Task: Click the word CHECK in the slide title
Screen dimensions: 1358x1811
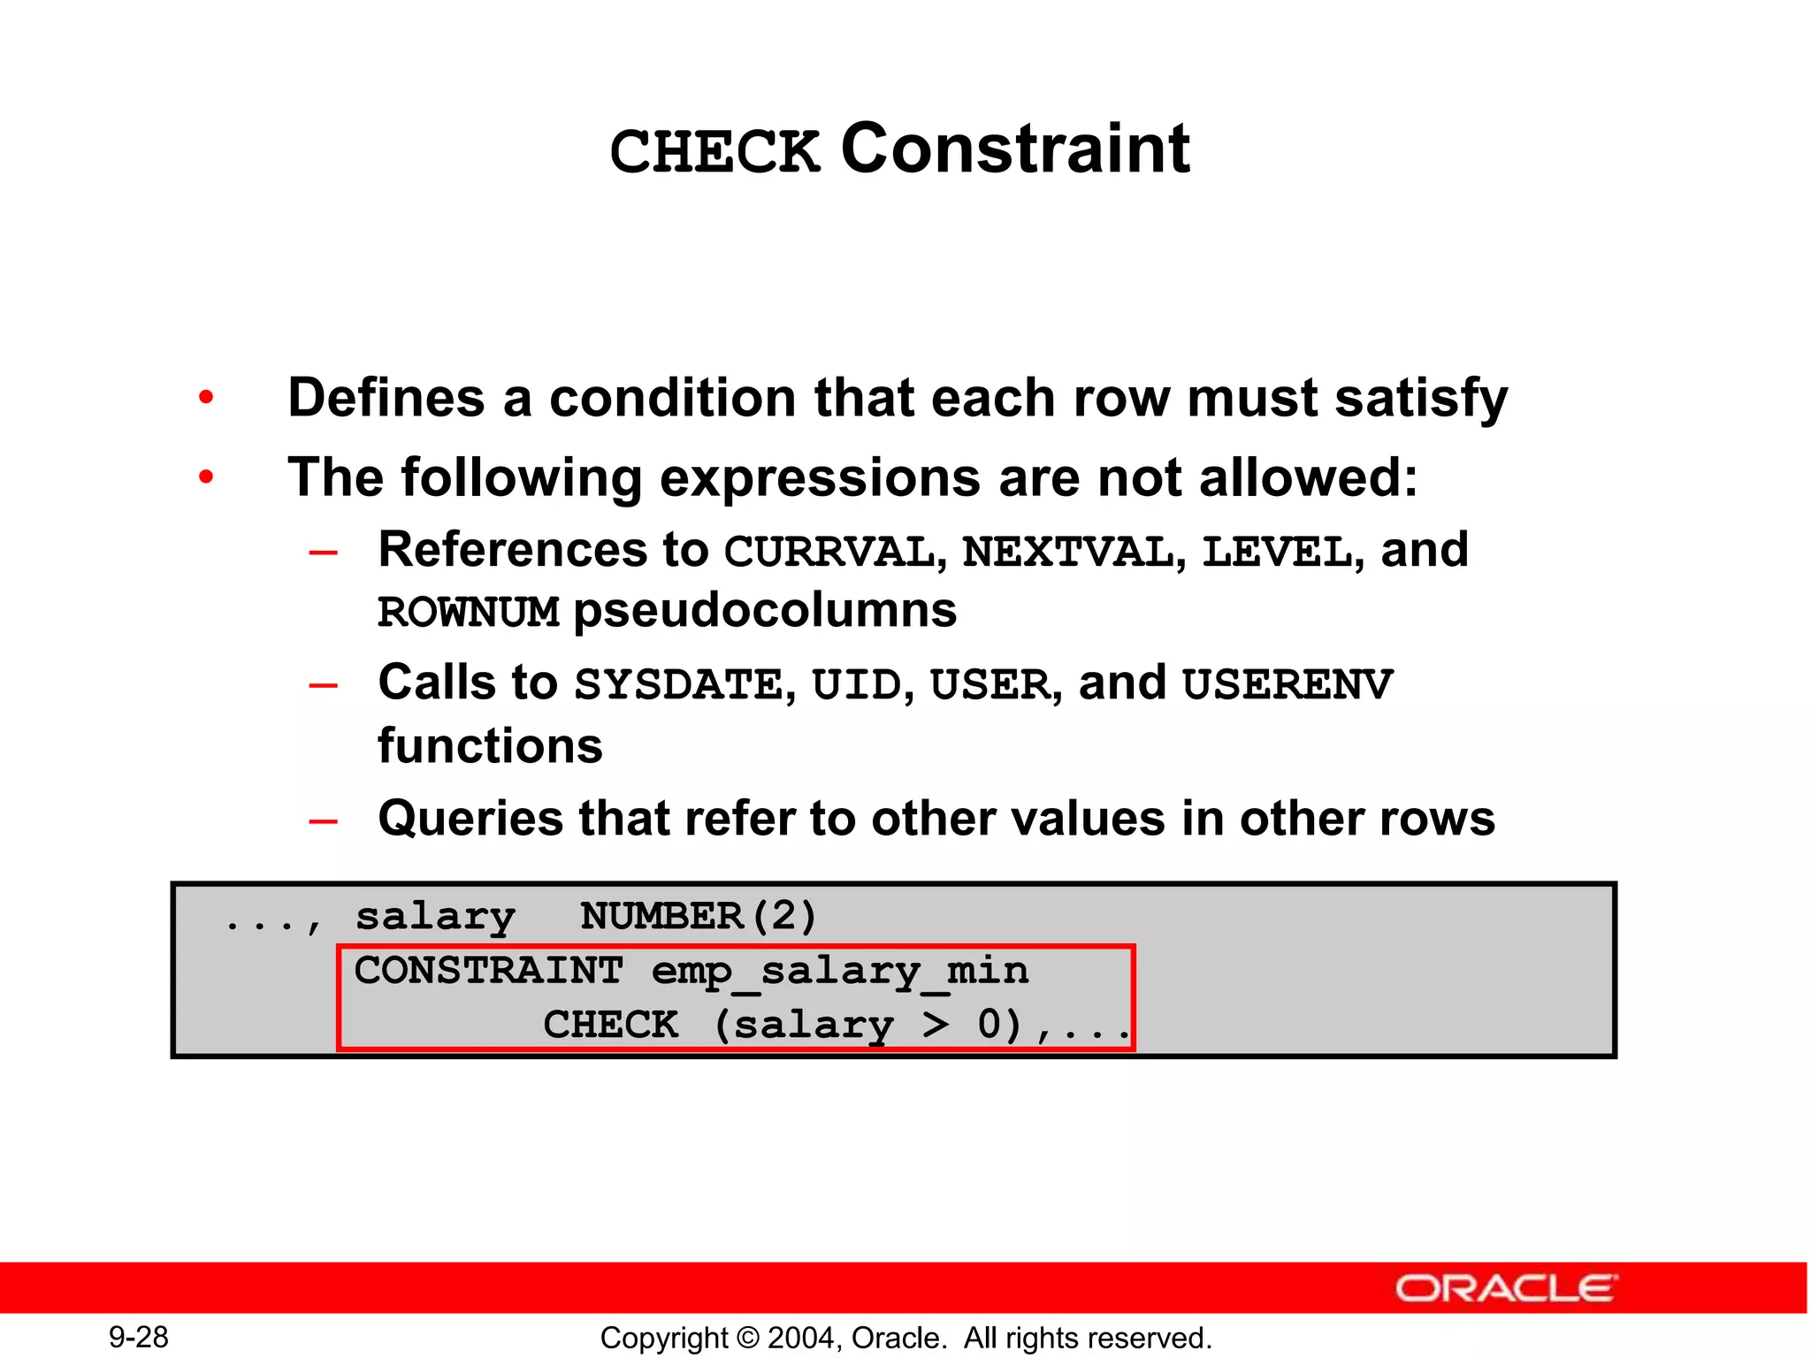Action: click(714, 151)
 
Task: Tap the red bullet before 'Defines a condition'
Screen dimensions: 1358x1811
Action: click(206, 398)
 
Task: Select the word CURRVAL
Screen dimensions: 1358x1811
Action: click(829, 552)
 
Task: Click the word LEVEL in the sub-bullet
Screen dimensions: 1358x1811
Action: click(1277, 552)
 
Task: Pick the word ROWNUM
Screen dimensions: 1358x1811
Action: click(469, 612)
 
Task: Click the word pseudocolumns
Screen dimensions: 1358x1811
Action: click(765, 610)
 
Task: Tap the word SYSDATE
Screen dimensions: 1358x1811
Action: click(678, 684)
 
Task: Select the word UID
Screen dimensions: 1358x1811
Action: click(856, 684)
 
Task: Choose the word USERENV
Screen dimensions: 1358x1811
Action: click(1288, 684)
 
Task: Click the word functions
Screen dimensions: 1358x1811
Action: click(490, 745)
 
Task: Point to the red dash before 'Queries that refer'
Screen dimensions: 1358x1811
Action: click(323, 820)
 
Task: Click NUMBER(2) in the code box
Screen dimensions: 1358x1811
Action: click(699, 916)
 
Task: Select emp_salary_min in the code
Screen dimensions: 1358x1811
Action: click(840, 971)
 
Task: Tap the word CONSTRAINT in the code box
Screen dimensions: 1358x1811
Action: click(489, 971)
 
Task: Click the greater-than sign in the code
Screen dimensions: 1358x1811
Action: click(936, 1025)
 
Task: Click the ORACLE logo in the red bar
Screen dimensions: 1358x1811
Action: click(1507, 1288)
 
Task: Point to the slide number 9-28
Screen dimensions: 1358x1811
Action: click(139, 1337)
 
